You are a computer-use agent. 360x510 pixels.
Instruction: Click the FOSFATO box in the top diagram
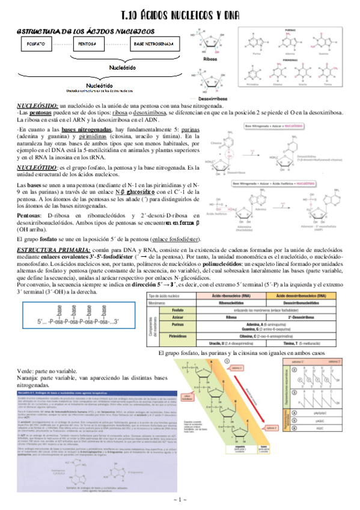point(35,44)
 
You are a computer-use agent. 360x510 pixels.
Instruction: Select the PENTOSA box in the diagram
point(88,44)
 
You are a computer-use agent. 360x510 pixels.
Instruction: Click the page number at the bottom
point(180,500)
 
